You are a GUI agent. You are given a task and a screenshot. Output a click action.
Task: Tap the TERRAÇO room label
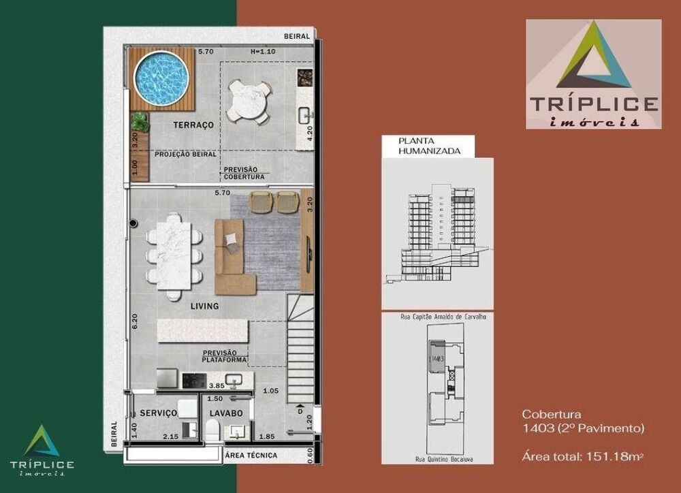pos(194,125)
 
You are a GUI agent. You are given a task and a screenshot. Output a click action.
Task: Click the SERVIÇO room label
pos(159,413)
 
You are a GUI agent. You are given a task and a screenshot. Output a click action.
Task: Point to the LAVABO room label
pos(226,413)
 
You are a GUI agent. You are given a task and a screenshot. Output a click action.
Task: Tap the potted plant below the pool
pos(140,121)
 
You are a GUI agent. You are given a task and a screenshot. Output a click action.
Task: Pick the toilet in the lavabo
pos(212,429)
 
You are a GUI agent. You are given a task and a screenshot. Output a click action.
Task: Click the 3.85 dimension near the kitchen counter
pos(217,385)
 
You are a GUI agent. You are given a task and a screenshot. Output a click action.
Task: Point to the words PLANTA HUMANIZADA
pos(417,146)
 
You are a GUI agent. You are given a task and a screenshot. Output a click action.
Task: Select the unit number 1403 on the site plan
pos(438,357)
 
